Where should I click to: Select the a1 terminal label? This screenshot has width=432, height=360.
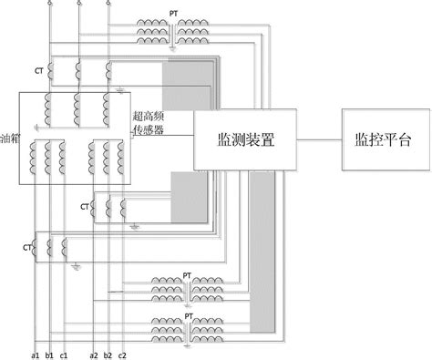(x=36, y=354)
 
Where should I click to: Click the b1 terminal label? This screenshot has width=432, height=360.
(x=50, y=354)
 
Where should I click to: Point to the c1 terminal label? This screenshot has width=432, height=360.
(x=65, y=354)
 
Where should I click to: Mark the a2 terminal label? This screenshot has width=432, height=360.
(x=94, y=354)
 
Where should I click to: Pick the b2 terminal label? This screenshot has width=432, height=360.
(x=108, y=354)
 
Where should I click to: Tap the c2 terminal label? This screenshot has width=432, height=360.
(x=123, y=354)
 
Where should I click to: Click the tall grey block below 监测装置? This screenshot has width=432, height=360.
(x=262, y=251)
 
